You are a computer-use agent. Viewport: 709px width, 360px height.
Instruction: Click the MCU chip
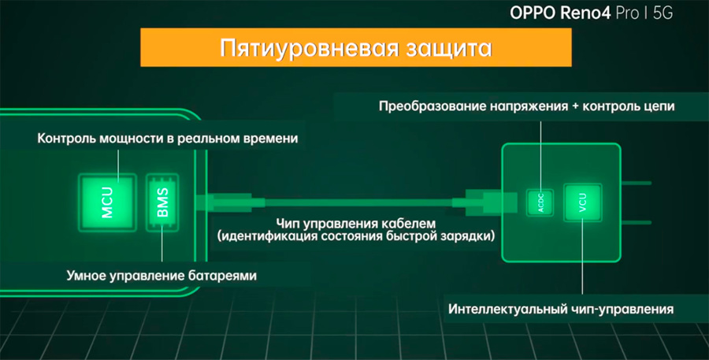[x=108, y=202]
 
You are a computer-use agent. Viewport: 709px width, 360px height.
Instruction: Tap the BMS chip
[x=162, y=202]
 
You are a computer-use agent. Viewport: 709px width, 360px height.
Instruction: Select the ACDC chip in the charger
[x=540, y=202]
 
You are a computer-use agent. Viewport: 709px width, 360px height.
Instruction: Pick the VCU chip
[x=582, y=202]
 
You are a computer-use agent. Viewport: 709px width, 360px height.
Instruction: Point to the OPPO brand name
[x=533, y=13]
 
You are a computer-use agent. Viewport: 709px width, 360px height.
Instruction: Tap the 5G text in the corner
[x=663, y=13]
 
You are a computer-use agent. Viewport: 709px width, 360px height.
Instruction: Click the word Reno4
[x=586, y=13]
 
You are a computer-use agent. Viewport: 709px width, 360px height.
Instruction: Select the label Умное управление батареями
[x=161, y=275]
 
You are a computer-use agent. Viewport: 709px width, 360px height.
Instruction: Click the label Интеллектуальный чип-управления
[x=561, y=309]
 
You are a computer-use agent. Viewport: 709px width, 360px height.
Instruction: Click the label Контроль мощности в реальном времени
[x=167, y=138]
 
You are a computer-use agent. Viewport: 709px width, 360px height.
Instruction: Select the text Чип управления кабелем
[x=356, y=224]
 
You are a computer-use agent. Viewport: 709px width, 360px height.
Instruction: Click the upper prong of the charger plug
[x=637, y=184]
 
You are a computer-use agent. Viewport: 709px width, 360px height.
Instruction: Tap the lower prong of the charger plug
[x=637, y=222]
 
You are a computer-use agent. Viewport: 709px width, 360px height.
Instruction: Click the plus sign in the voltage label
[x=575, y=106]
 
